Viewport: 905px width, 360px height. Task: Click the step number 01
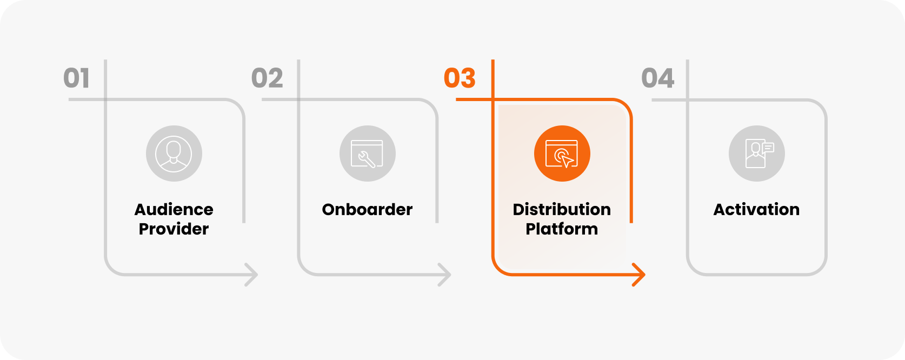tap(76, 78)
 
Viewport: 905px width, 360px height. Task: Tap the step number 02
tap(267, 78)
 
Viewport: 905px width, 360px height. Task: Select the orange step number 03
tap(460, 78)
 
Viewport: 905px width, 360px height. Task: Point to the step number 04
tap(658, 78)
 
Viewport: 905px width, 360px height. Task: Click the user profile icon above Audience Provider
tap(174, 154)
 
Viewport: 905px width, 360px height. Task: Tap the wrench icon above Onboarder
tap(367, 154)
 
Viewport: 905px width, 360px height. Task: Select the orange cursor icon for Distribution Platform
tap(562, 154)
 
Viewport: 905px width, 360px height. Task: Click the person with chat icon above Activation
tap(756, 154)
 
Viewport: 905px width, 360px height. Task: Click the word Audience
tap(174, 209)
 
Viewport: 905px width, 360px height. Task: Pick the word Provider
tap(174, 229)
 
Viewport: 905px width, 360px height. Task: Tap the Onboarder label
tap(367, 209)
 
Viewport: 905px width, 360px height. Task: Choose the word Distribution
tap(562, 209)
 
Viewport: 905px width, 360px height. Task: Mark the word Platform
tap(562, 229)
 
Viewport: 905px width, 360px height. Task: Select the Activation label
tap(756, 209)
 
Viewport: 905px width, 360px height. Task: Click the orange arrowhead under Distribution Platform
tap(640, 275)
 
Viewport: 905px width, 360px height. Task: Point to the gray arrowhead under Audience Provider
tap(252, 275)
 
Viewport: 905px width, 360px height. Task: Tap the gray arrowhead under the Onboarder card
tap(445, 275)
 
